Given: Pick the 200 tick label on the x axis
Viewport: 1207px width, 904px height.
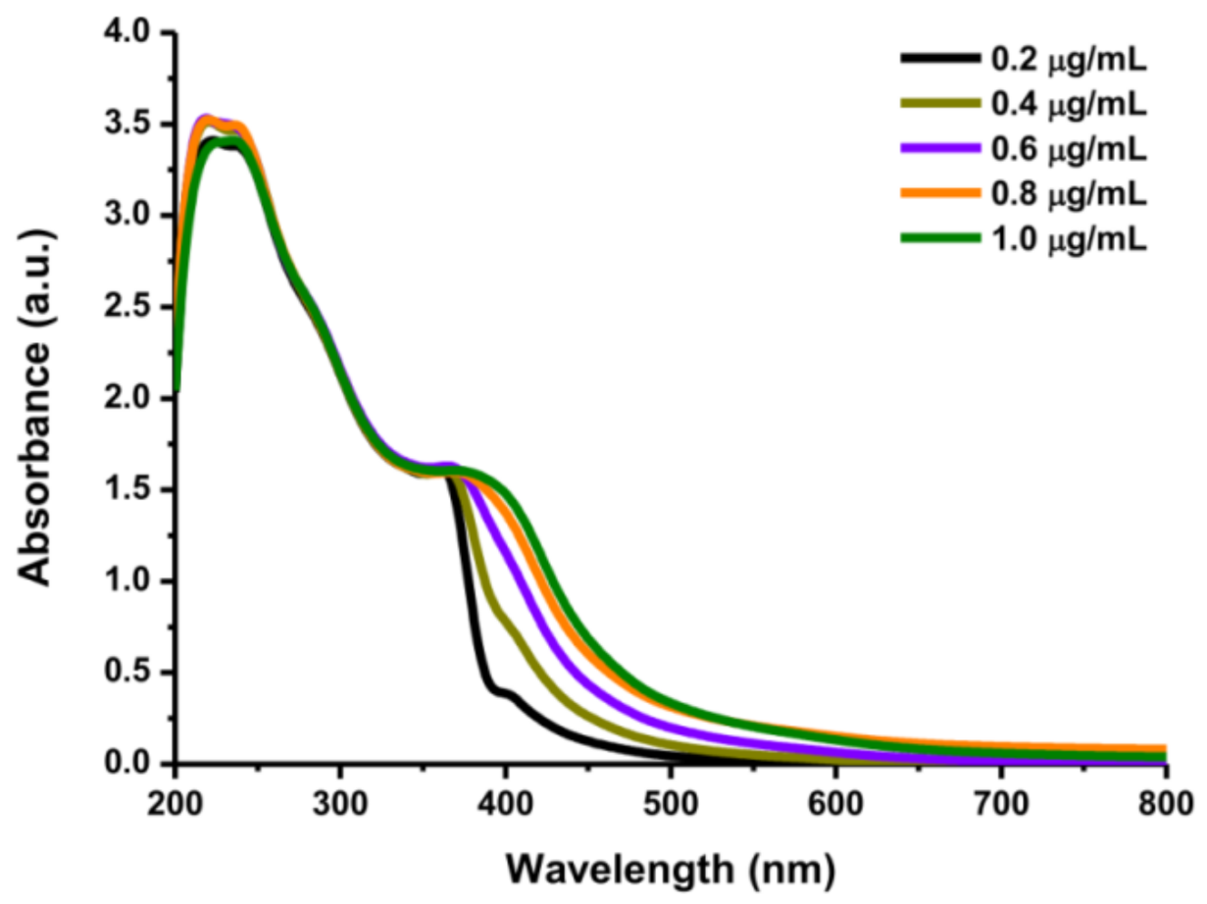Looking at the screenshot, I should tap(175, 792).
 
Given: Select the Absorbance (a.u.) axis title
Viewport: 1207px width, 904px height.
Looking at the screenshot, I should tap(37, 397).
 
